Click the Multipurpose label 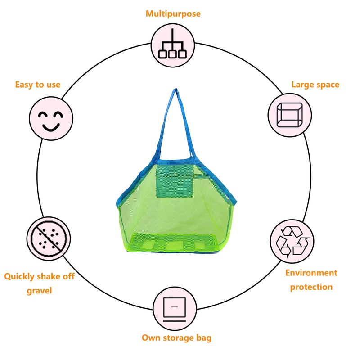point(173,13)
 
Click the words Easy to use point(38,85)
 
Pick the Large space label point(315,85)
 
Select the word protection point(311,287)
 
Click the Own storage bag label point(176,337)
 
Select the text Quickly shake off point(40,276)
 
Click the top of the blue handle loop point(173,91)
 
